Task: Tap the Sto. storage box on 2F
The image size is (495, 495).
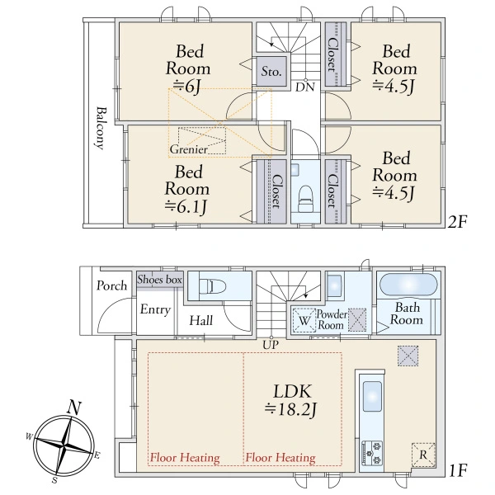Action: click(271, 71)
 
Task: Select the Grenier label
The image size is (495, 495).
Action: click(189, 149)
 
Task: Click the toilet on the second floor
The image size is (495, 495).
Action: click(305, 199)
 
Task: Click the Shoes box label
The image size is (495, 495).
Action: click(160, 280)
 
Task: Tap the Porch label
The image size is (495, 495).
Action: click(111, 285)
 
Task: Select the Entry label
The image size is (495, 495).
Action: click(155, 309)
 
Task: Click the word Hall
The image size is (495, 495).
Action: click(201, 321)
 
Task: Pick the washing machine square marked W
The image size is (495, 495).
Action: click(304, 320)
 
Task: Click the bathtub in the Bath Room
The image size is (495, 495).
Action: click(408, 285)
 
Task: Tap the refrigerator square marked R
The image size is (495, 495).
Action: click(423, 455)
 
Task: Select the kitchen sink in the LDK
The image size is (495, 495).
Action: click(372, 397)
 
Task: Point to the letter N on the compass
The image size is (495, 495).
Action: click(74, 408)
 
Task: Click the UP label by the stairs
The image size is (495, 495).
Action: click(271, 345)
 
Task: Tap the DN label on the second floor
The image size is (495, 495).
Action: click(305, 87)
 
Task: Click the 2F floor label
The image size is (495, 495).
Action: click(457, 222)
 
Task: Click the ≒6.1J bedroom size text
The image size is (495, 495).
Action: click(186, 207)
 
